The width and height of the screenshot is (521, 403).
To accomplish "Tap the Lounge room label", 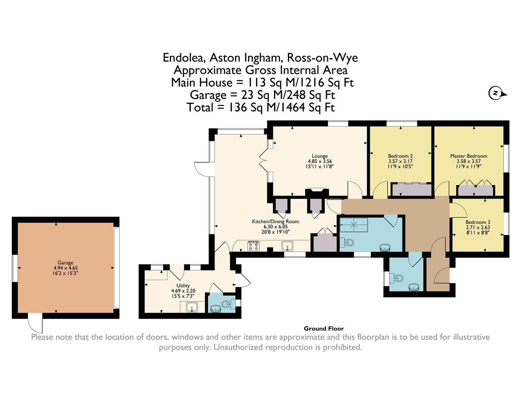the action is (320, 156).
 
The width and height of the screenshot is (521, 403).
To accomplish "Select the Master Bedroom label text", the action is (468, 156).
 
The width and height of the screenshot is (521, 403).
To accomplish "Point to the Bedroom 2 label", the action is (400, 156).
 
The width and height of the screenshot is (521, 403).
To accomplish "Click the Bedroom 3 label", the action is (478, 222).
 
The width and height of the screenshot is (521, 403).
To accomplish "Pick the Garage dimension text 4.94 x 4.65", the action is (66, 268).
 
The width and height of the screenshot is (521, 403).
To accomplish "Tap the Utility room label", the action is (183, 285).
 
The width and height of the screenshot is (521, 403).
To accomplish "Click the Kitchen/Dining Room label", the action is (275, 221).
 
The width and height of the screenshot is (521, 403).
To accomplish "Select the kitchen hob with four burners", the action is (253, 246).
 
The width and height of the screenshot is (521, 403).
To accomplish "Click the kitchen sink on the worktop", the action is (287, 246).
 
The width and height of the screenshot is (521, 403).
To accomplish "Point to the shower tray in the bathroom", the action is (354, 225).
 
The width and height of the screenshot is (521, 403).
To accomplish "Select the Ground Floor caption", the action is (324, 329).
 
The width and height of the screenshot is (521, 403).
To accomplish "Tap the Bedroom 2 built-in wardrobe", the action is (411, 190).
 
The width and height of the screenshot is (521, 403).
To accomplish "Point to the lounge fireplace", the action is (317, 193).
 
